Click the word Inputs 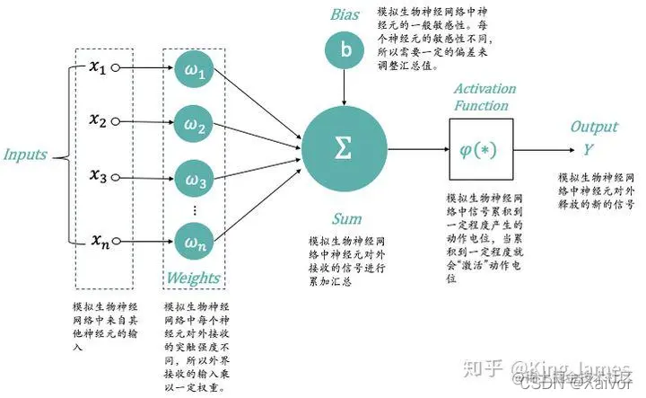[25, 154]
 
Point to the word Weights [192, 278]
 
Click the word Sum [346, 218]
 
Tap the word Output [594, 128]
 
